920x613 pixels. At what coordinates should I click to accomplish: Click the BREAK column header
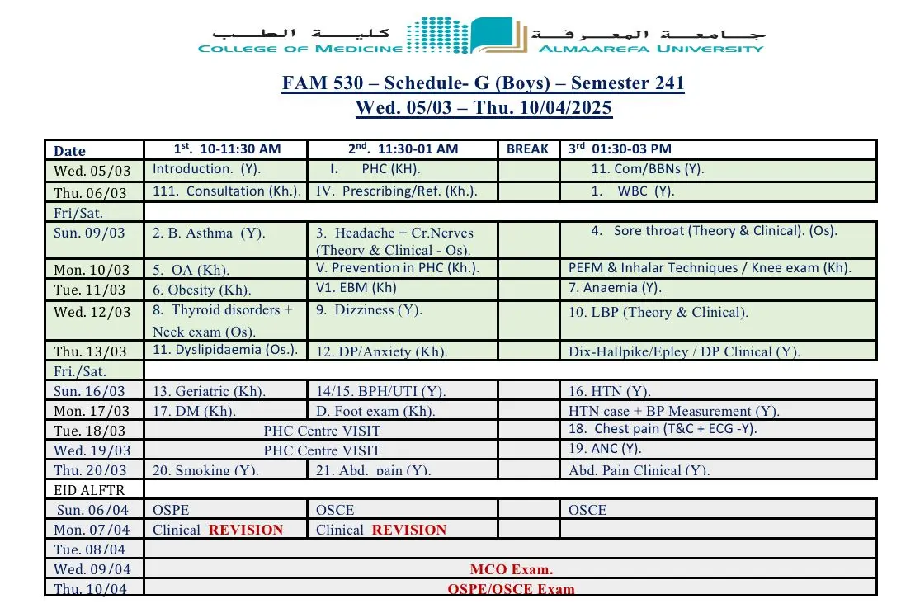point(527,149)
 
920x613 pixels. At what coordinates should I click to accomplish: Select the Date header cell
point(69,150)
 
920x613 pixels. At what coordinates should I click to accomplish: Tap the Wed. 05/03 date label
point(92,171)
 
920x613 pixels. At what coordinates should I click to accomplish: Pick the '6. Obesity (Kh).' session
point(201,290)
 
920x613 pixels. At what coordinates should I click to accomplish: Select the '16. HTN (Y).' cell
point(610,391)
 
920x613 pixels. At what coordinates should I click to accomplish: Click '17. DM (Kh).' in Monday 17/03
point(194,411)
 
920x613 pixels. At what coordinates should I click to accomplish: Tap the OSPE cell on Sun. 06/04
point(171,510)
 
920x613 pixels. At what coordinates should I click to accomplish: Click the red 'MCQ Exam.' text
point(512,569)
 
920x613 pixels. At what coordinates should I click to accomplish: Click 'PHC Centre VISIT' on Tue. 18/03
point(322,431)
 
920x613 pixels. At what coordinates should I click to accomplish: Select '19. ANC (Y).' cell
point(605,449)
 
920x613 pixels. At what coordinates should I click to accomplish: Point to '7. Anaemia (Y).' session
point(615,288)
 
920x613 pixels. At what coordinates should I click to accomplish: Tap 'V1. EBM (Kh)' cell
point(356,288)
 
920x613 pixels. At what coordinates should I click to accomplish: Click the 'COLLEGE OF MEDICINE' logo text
point(300,49)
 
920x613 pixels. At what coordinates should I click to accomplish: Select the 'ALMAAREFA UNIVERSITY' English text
point(651,49)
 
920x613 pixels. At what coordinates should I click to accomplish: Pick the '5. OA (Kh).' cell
point(191,270)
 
